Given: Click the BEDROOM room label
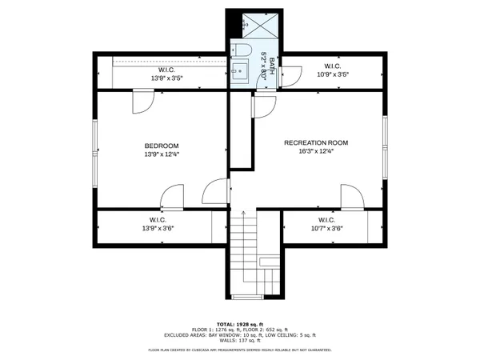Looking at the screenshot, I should pos(161,145).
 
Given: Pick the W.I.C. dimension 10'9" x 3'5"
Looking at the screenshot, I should pos(332,74).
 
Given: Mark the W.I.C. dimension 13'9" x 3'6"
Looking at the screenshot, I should pos(158,229).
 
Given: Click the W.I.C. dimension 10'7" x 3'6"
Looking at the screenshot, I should pos(326,229).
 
